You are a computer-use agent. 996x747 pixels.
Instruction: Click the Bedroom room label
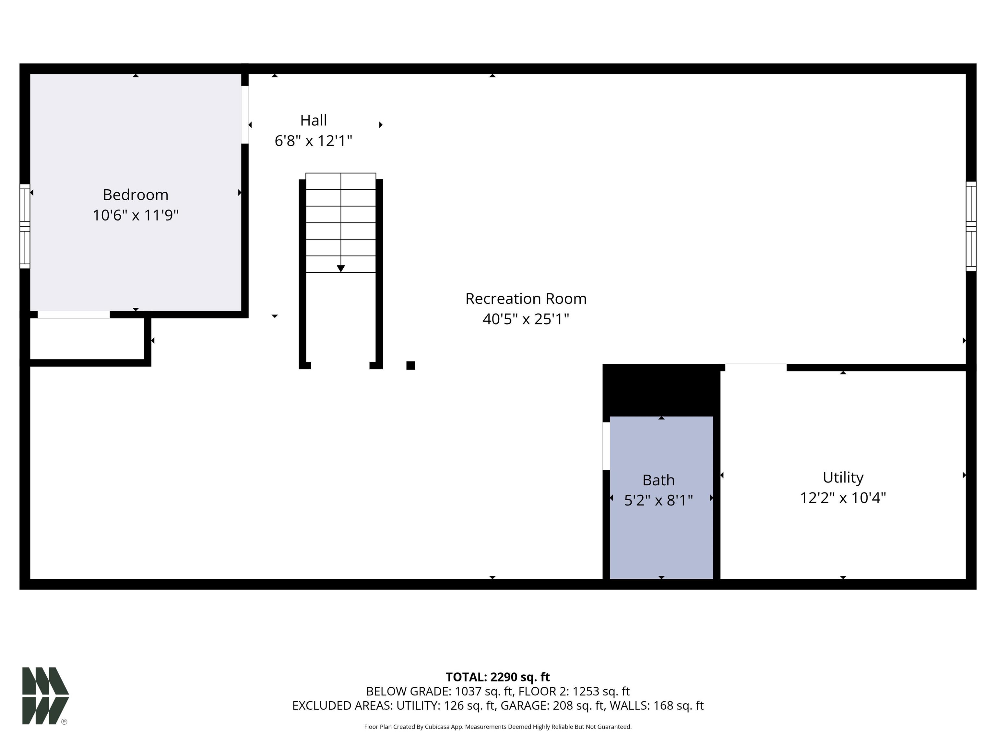[x=136, y=195]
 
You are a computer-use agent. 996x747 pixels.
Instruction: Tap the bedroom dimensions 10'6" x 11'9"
[x=136, y=215]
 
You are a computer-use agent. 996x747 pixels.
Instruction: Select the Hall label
[x=314, y=120]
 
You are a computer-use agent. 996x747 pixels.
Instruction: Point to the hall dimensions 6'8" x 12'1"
[x=314, y=141]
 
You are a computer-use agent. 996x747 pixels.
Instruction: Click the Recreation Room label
[x=526, y=299]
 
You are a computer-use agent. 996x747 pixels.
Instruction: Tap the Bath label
[x=658, y=480]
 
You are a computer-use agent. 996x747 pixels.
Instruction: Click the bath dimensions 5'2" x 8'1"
[x=658, y=500]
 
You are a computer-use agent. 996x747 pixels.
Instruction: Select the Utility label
[x=843, y=477]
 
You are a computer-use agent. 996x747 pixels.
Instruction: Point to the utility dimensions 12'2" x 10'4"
[x=843, y=498]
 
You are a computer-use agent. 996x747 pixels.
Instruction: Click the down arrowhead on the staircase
[x=341, y=269]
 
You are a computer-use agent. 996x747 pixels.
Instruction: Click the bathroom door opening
[x=606, y=446]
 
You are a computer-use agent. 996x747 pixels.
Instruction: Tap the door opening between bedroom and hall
[x=245, y=114]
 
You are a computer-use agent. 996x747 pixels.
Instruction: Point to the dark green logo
[x=45, y=696]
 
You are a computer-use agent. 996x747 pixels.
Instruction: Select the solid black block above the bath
[x=661, y=390]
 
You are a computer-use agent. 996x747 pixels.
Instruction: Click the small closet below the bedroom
[x=87, y=338]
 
